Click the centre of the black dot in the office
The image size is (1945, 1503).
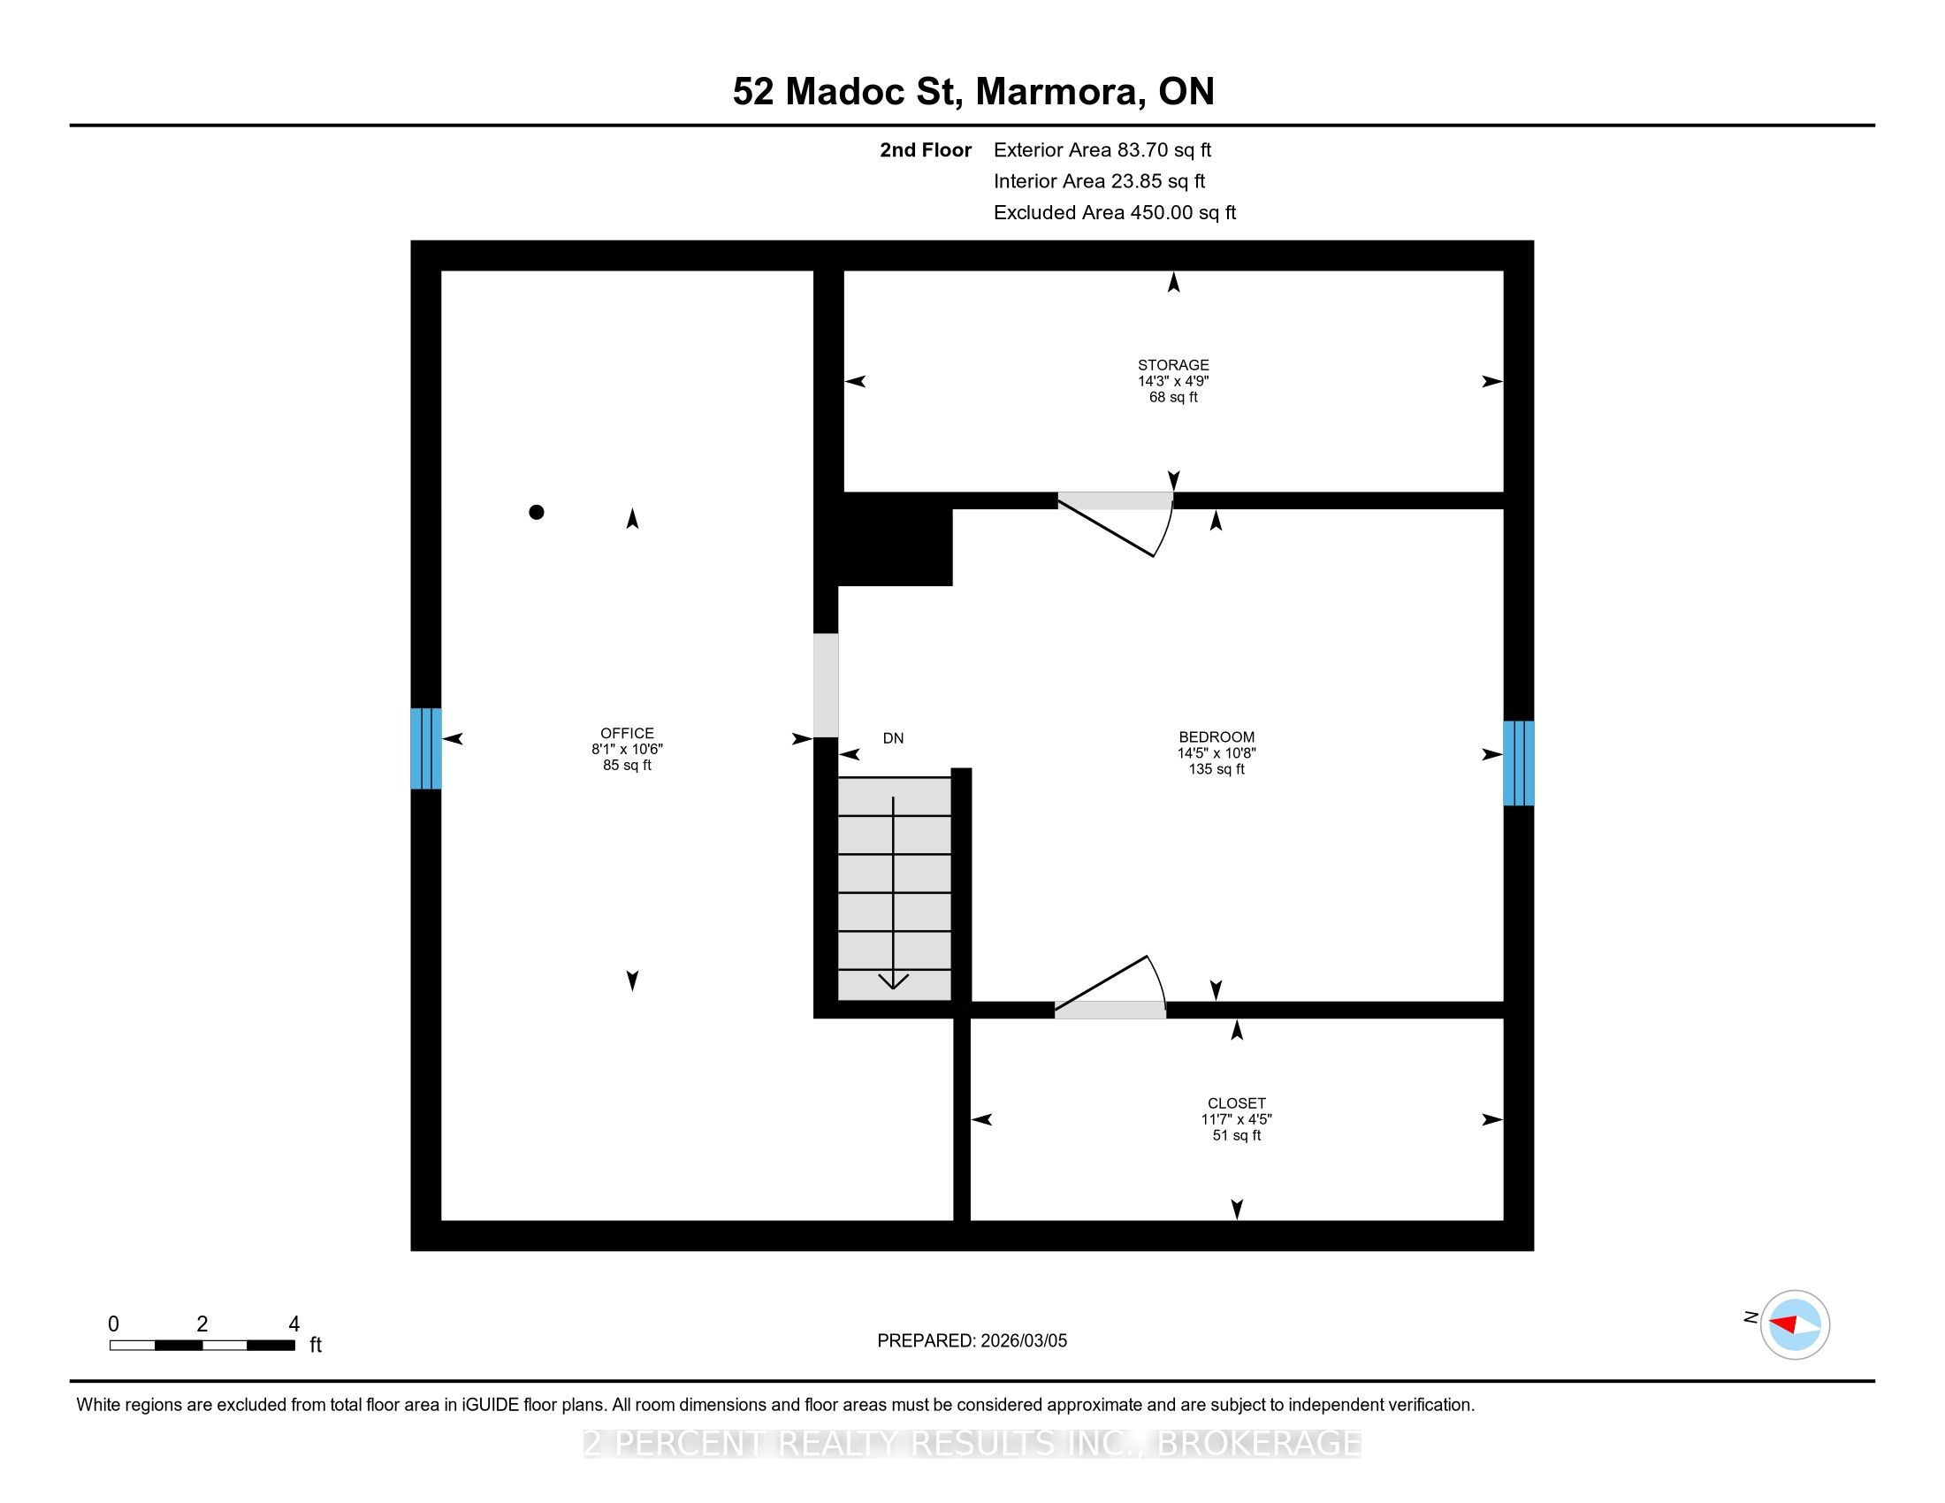(536, 512)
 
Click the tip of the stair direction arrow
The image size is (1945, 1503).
(893, 988)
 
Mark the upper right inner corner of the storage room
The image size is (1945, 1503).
(1503, 271)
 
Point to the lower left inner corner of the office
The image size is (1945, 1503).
(442, 1220)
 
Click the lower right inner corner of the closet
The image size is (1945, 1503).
(1503, 1220)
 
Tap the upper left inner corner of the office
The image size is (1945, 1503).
(442, 271)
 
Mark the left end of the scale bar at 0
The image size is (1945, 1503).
(111, 1346)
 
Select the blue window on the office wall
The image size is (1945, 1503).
(426, 748)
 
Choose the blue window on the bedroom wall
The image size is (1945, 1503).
(1518, 763)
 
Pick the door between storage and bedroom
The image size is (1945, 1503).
(1116, 523)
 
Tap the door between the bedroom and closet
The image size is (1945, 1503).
(1110, 987)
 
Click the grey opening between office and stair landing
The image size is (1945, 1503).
(826, 685)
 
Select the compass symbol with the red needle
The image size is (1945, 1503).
(1795, 1324)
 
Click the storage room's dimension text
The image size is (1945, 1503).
(1173, 381)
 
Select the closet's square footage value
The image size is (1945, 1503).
(1236, 1135)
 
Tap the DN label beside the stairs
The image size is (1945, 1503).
(893, 738)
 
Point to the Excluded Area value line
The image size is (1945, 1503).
(1115, 213)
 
